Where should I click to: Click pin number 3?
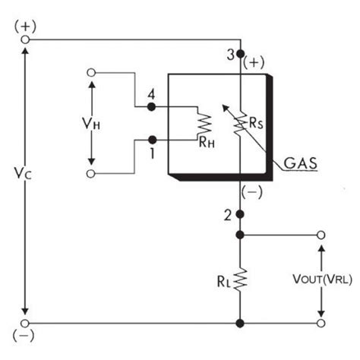coord(230,55)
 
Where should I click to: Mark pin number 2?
coord(228,215)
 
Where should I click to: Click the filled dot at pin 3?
coord(240,55)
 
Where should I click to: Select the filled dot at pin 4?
coord(152,108)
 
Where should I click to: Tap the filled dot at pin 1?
coord(152,140)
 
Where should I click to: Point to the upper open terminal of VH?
coord(92,73)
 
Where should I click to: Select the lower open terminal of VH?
coord(92,175)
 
